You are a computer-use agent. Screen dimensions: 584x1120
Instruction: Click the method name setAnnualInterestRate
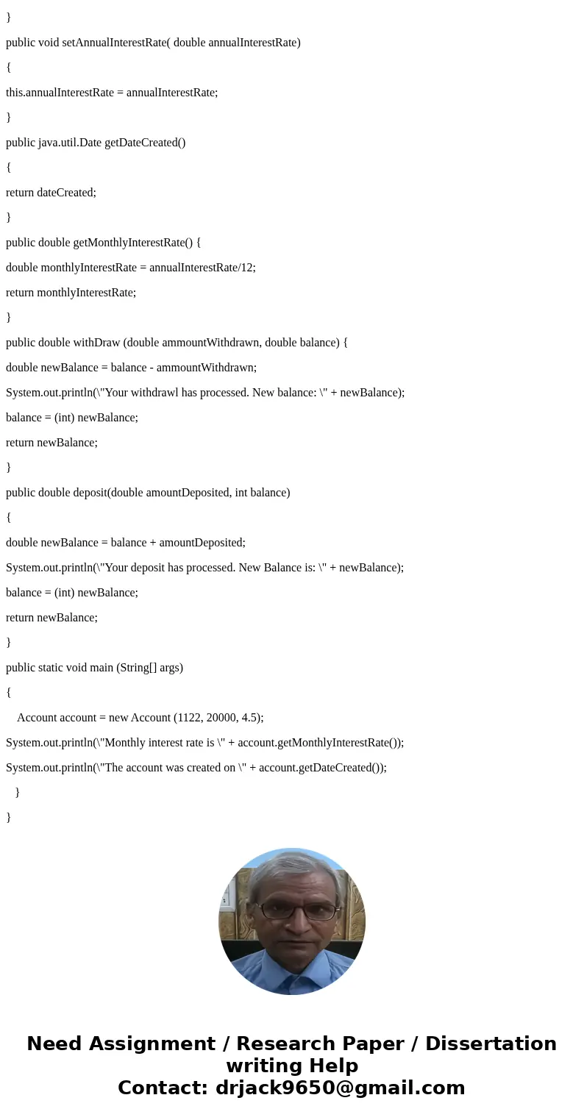coord(114,43)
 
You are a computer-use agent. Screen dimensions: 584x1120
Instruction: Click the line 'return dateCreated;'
coord(51,193)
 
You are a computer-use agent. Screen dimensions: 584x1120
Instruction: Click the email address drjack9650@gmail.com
coord(340,1088)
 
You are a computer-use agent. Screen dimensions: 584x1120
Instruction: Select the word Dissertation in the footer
coord(491,1044)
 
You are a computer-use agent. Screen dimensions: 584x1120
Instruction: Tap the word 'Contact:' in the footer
coord(163,1088)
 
